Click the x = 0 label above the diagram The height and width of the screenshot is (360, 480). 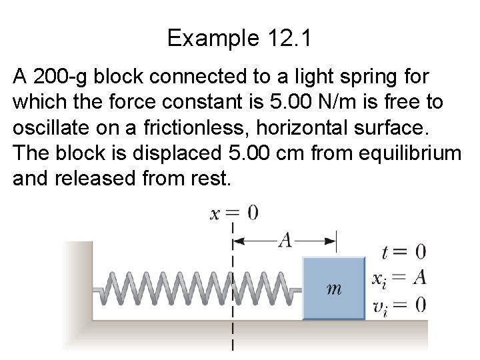click(x=233, y=214)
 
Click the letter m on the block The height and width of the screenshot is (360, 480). click(x=335, y=289)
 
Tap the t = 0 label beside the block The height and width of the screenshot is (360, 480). click(x=403, y=253)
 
